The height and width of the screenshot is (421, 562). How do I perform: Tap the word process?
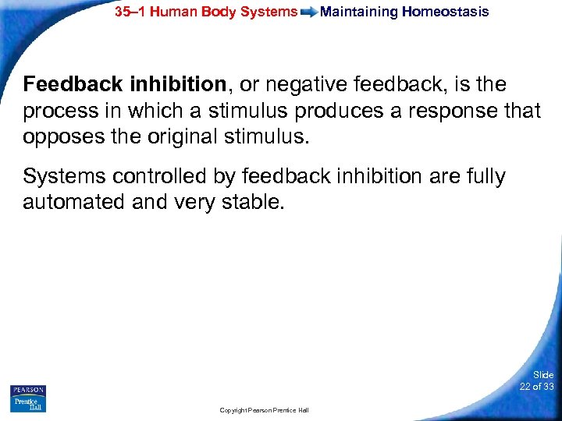click(57, 111)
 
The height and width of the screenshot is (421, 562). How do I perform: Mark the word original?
click(176, 138)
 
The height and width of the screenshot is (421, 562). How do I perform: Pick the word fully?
click(484, 177)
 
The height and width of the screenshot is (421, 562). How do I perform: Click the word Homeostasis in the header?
click(446, 12)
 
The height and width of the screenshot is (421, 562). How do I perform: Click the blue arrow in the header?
click(309, 12)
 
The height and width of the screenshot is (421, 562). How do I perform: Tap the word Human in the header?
click(177, 12)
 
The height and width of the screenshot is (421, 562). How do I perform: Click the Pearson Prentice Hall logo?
click(28, 398)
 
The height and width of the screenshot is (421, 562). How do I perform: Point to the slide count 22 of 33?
click(536, 387)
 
